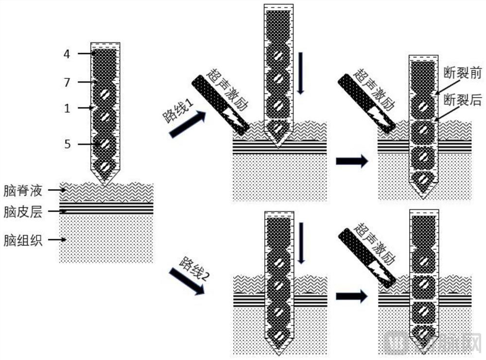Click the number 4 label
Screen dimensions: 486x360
67,54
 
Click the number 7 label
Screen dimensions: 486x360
67,82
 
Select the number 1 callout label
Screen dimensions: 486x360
67,108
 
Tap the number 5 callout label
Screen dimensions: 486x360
67,144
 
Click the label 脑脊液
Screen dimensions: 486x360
23,191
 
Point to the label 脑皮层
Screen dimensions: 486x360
23,212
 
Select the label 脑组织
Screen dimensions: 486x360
23,240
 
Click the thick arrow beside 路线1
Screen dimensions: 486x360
188,124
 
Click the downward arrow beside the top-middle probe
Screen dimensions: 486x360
300,73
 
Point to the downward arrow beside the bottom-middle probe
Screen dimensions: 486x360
301,243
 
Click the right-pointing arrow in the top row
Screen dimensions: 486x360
352,161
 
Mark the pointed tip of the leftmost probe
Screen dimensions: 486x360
105,185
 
